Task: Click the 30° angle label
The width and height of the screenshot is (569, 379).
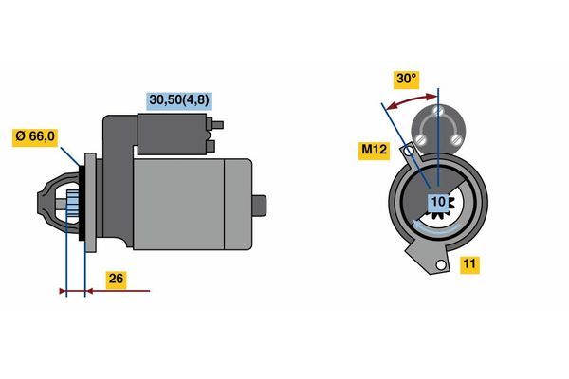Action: click(x=407, y=79)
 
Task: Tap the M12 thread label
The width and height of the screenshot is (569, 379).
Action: click(x=374, y=149)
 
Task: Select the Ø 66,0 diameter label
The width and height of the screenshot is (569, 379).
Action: click(x=35, y=136)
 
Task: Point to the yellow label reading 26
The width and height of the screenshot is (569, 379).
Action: click(x=116, y=279)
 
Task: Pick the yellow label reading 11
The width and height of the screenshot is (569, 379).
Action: click(x=469, y=264)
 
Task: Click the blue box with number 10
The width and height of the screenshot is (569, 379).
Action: click(x=438, y=201)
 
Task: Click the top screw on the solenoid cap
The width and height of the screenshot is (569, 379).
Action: click(x=438, y=111)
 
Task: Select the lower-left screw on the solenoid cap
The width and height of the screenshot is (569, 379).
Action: click(x=421, y=139)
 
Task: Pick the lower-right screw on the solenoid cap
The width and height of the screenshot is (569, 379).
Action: click(x=455, y=139)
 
